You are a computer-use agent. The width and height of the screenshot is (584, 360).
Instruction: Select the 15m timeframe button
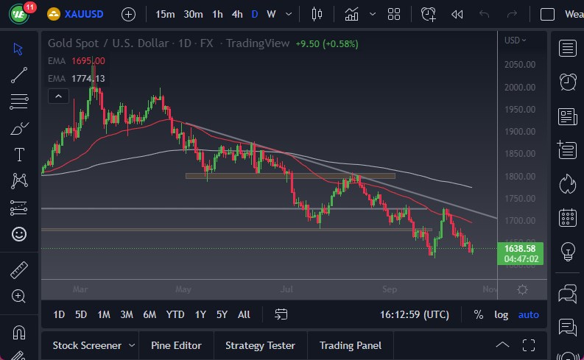(166, 14)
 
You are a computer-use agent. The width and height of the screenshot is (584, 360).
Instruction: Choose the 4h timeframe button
(236, 14)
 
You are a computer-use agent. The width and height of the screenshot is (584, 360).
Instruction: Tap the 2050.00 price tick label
(519, 65)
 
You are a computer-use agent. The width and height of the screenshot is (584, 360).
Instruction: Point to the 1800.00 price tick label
(519, 177)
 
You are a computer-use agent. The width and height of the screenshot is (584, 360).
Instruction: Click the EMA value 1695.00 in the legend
(88, 61)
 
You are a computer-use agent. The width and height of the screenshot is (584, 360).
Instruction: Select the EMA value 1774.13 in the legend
(88, 79)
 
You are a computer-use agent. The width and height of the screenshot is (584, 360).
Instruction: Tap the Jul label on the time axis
(286, 289)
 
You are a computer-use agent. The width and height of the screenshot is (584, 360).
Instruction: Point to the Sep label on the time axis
(391, 289)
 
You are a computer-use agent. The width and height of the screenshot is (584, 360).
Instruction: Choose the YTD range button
(175, 314)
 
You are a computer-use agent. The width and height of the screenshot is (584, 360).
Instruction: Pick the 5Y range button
(222, 314)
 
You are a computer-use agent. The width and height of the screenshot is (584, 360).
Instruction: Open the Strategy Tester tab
(260, 345)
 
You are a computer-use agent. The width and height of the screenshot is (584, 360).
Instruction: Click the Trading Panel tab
(351, 345)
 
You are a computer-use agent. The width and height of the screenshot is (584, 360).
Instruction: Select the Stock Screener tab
(86, 345)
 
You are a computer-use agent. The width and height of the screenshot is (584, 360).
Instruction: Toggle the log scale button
(502, 314)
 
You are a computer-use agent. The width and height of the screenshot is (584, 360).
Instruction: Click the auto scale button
(529, 314)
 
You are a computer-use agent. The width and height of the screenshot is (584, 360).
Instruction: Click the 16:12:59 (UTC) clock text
(415, 314)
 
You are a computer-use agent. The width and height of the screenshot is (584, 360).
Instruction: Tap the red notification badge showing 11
(30, 7)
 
